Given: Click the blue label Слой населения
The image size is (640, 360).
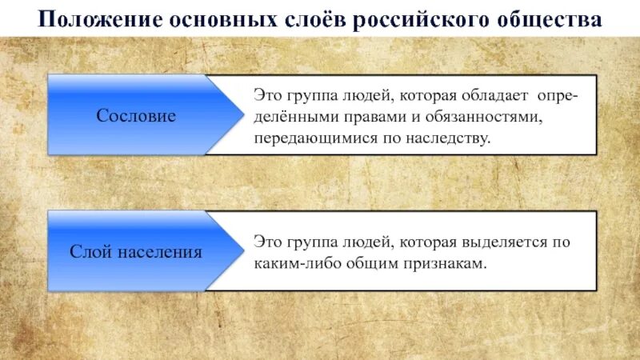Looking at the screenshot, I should pyautogui.click(x=136, y=252).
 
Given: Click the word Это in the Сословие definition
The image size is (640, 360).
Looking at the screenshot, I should pyautogui.click(x=267, y=96).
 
